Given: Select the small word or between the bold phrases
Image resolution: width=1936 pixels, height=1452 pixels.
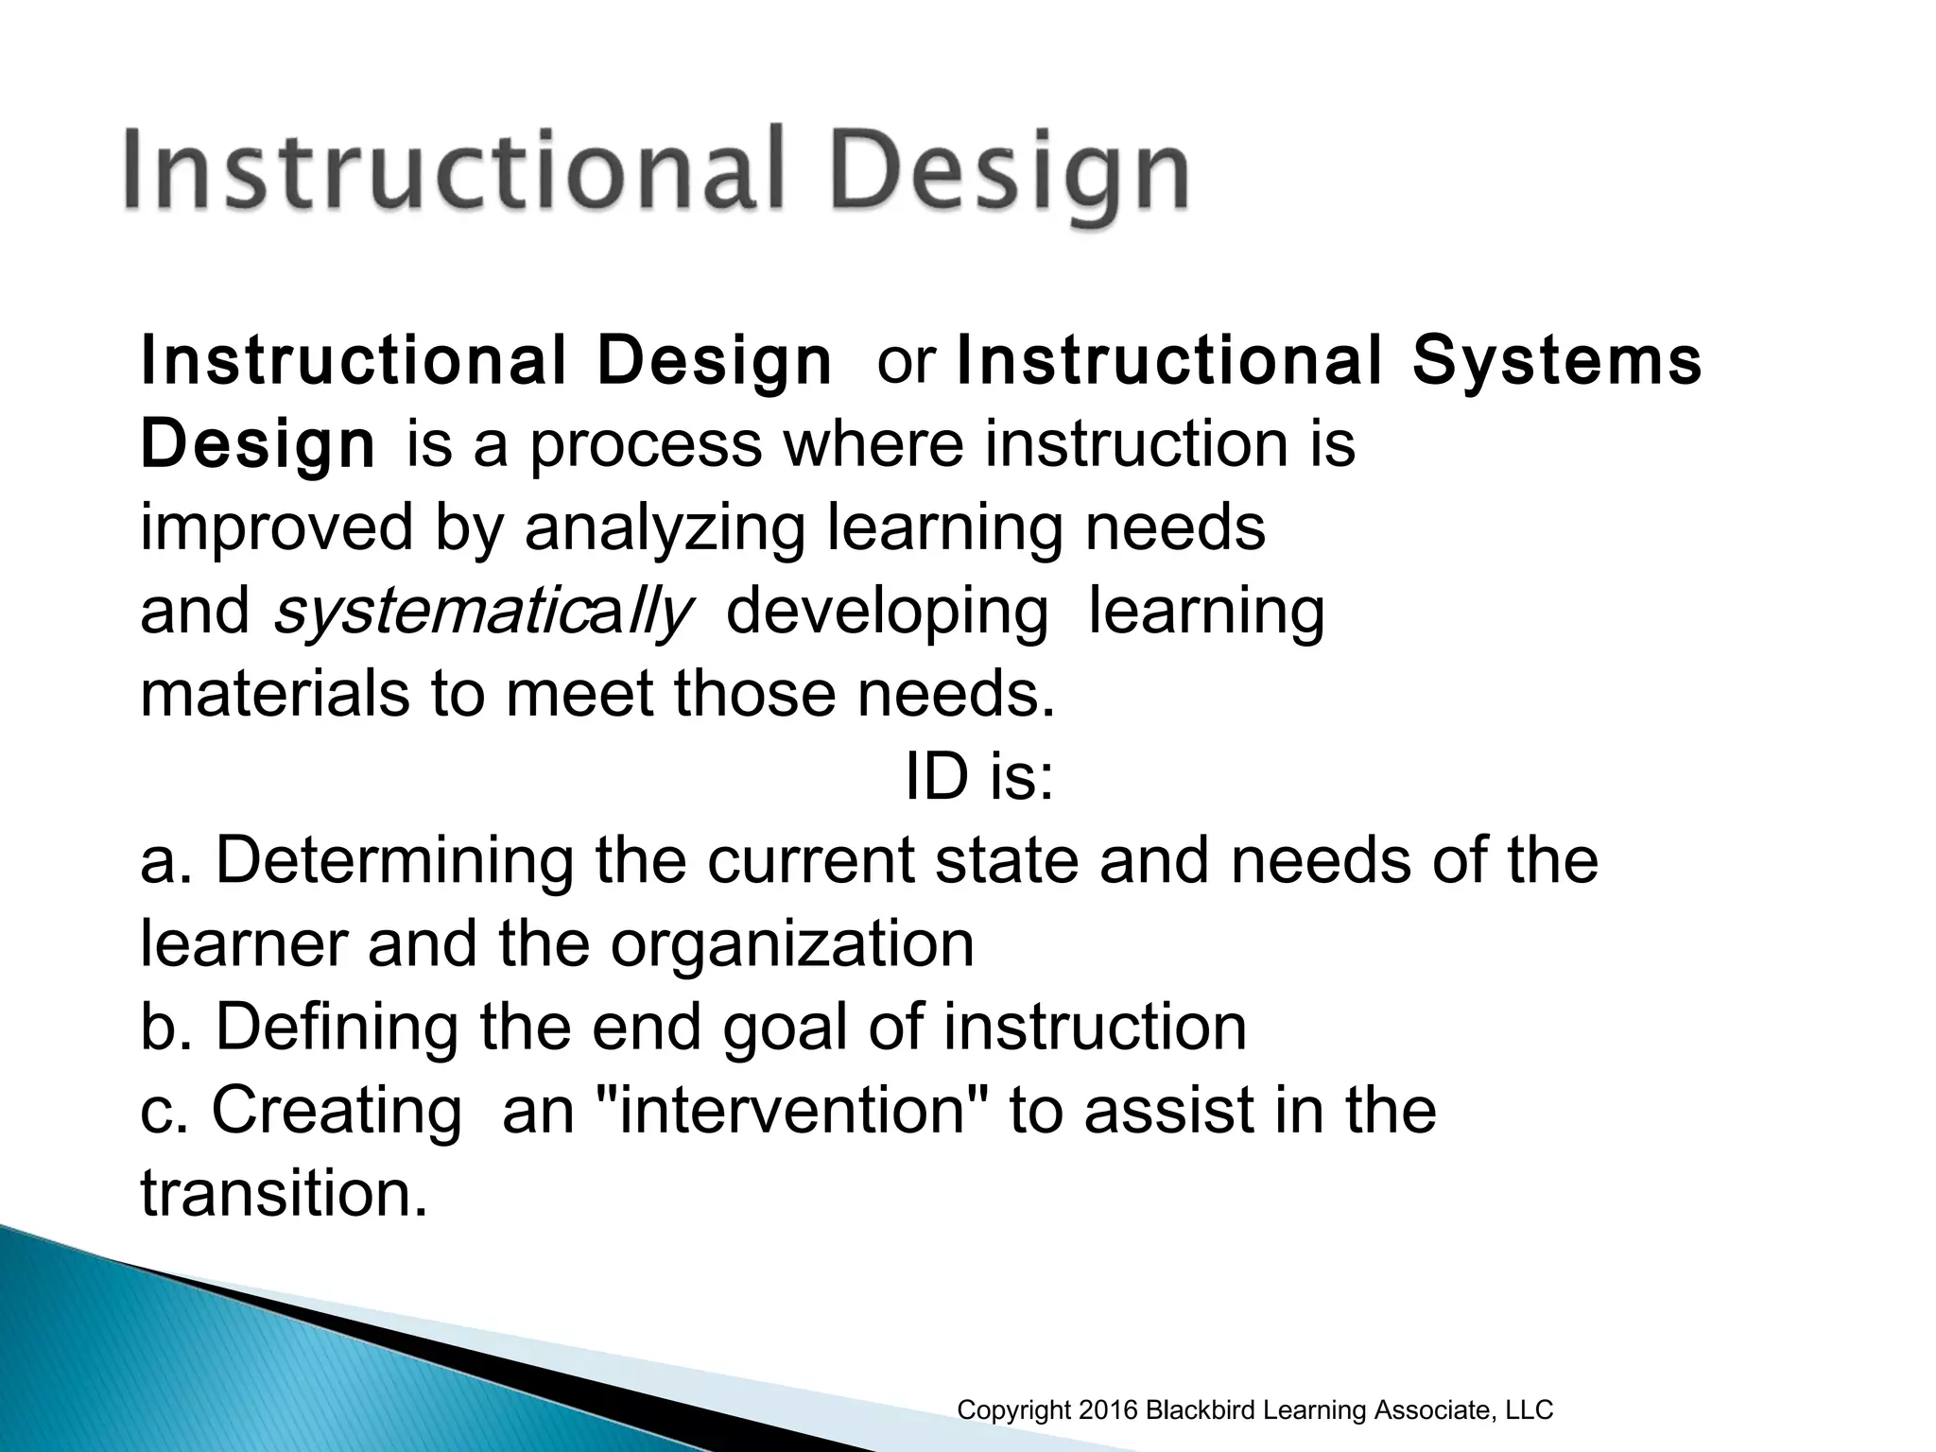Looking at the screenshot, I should (906, 362).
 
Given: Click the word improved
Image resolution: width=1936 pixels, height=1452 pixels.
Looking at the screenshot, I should (276, 528).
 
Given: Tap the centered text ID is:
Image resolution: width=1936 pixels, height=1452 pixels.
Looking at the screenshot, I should (978, 777).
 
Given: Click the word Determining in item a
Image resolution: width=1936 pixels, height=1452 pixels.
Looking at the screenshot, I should (394, 861).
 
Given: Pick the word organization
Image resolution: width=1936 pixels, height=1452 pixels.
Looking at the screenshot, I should (791, 943).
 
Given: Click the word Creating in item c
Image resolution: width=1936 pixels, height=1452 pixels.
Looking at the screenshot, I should (337, 1110).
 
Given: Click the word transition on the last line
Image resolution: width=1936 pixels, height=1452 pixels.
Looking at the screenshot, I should (276, 1193).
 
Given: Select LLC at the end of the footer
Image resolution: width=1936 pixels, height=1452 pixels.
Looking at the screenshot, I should (1529, 1410).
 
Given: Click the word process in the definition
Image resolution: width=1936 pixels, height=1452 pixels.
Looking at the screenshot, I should (646, 445).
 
